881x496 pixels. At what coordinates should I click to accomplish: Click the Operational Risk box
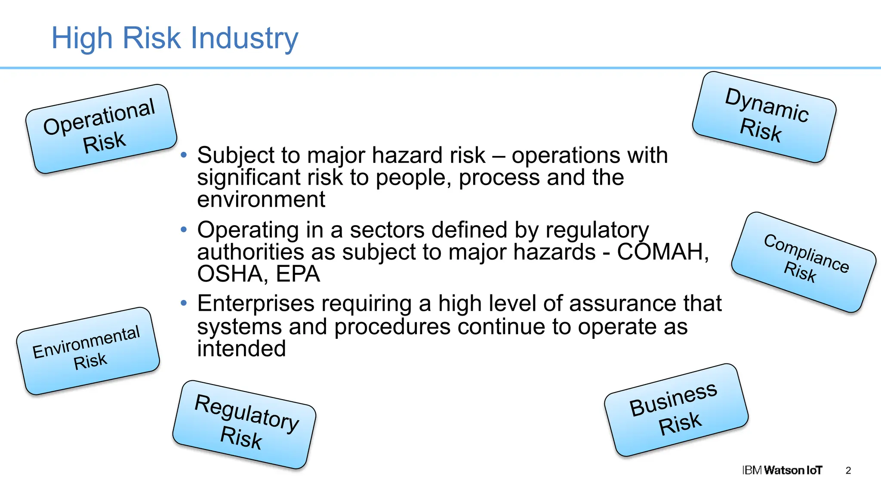point(102,129)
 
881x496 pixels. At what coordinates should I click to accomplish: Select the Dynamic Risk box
point(764,117)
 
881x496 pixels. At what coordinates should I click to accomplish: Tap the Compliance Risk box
point(804,262)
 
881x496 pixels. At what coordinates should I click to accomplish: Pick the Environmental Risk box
point(88,350)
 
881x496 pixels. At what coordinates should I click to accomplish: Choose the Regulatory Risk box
point(244,424)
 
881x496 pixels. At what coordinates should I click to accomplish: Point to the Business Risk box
point(676,409)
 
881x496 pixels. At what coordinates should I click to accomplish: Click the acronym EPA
point(298,274)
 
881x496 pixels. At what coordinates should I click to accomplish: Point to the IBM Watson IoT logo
point(782,470)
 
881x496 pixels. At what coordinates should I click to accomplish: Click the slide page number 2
point(848,471)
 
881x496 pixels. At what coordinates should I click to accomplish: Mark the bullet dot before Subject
point(184,155)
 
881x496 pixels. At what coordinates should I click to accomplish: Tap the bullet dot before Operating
point(184,229)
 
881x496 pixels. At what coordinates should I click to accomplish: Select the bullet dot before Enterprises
point(184,304)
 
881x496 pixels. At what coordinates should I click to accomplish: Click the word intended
point(241,349)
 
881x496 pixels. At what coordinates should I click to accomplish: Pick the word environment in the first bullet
point(261,200)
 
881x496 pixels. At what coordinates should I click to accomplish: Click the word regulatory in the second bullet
point(597,230)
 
